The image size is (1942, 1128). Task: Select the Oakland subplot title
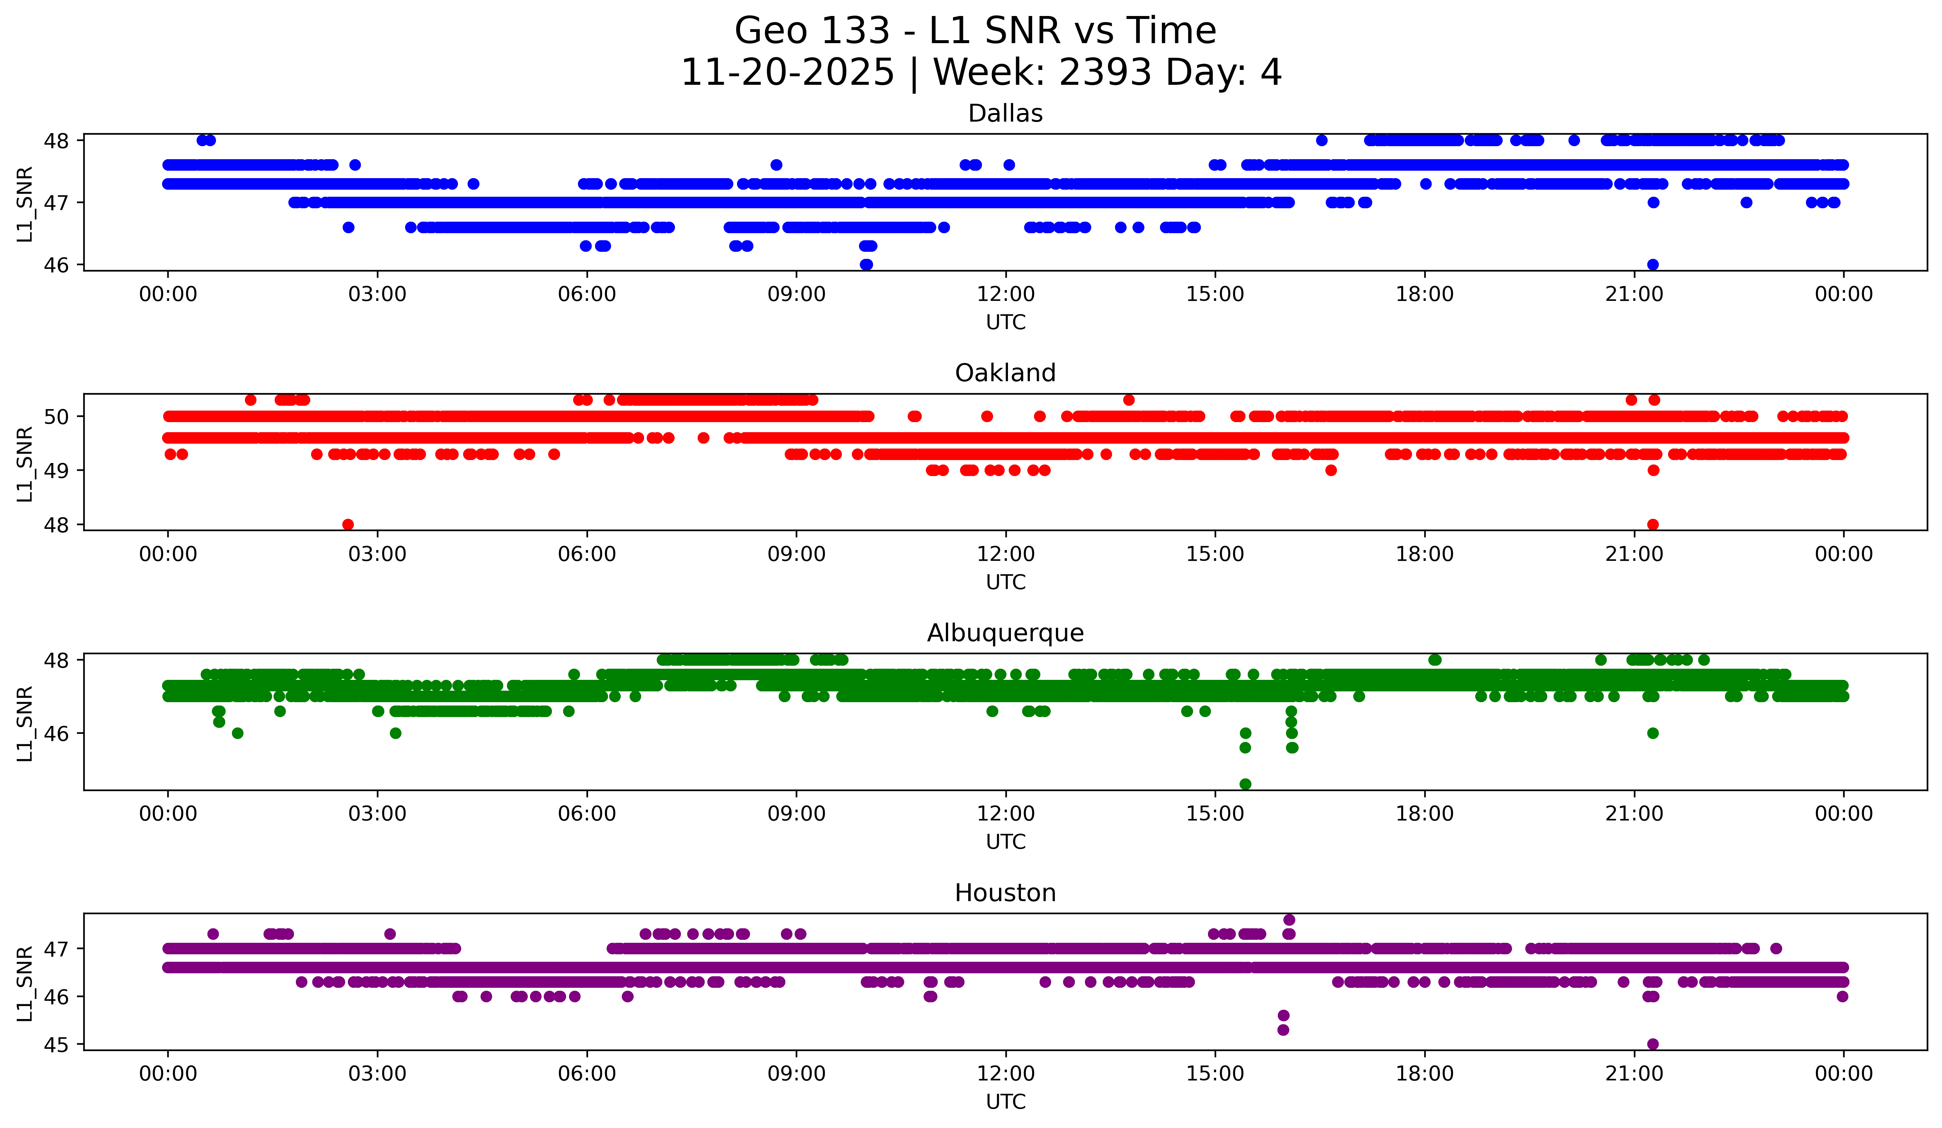tap(1005, 373)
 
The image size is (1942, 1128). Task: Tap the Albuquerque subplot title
tap(1005, 633)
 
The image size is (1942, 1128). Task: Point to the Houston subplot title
tap(1005, 893)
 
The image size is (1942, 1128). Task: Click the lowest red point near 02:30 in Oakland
tap(348, 524)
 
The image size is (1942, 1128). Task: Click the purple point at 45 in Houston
tap(1652, 1044)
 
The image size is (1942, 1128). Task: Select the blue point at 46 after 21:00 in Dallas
tap(1652, 264)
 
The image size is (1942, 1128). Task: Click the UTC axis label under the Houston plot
tap(1005, 1102)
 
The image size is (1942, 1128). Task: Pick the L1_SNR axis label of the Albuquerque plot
tap(25, 723)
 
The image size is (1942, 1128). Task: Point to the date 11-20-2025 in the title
tap(787, 73)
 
